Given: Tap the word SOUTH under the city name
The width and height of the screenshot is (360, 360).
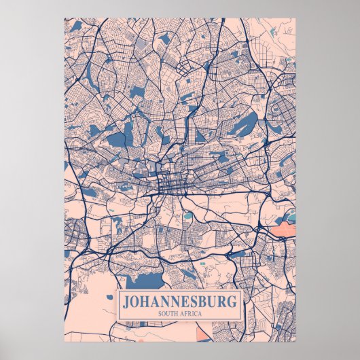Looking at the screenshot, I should click(168, 312).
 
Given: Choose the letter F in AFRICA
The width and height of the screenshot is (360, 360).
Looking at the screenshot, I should click(186, 312).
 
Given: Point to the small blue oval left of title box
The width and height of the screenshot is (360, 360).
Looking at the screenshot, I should click(107, 297).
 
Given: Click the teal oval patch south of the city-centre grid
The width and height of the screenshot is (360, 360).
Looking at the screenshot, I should click(188, 216).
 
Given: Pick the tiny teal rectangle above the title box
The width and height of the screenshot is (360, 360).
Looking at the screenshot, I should click(202, 260).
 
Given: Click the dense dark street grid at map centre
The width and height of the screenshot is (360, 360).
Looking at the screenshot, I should click(166, 183).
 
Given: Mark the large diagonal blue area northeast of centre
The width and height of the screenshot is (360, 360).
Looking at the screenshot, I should click(245, 125).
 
